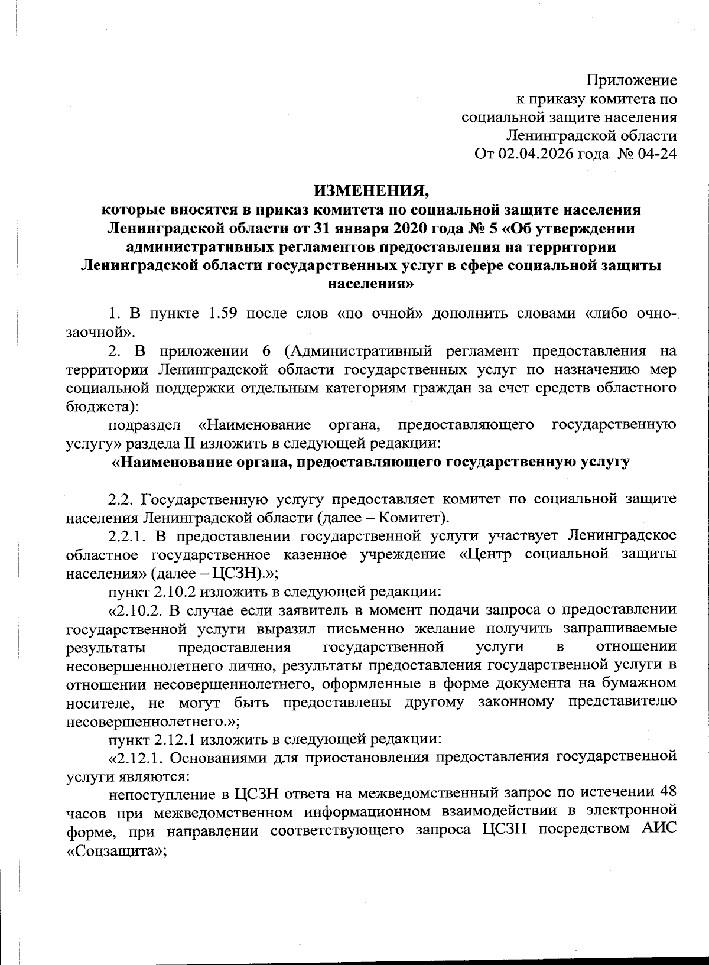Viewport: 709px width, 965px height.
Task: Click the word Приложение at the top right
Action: tap(631, 80)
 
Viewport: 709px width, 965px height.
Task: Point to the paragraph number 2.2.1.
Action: tap(129, 537)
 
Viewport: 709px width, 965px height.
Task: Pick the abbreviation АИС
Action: tap(657, 831)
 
